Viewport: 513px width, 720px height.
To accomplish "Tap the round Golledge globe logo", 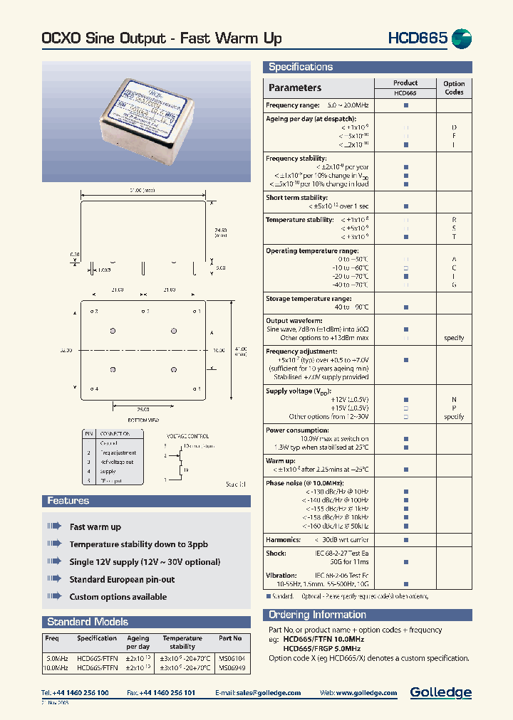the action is point(462,38).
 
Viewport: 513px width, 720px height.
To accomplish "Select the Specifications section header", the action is point(301,67).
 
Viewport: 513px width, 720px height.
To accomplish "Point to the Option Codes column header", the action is point(454,88).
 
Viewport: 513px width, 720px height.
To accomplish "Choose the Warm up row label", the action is point(281,460).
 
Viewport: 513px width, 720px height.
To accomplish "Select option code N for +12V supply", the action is point(454,400).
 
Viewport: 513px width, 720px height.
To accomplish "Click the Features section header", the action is point(68,501).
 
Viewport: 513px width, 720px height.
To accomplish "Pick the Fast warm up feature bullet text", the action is point(95,527).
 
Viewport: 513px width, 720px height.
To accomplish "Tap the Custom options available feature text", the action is point(118,597).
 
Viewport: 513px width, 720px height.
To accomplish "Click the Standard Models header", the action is point(88,621).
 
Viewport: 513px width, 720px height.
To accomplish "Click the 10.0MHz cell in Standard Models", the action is point(56,668).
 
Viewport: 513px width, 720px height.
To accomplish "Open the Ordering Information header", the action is point(317,615).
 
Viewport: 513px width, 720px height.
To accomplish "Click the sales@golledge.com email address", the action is point(269,693).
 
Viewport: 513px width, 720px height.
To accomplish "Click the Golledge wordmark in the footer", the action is point(440,692).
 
